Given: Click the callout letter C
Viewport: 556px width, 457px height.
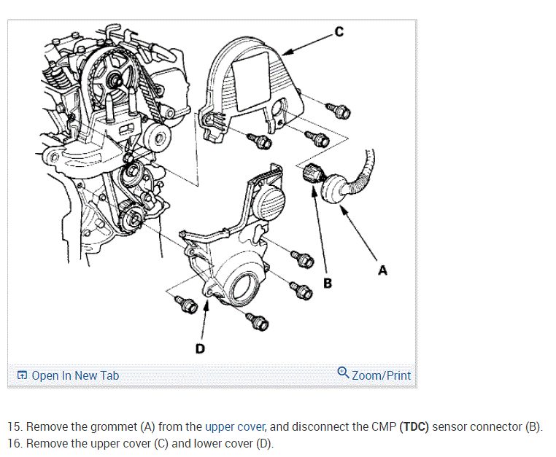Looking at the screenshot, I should point(338,31).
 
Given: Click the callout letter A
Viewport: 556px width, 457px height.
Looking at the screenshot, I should point(382,270).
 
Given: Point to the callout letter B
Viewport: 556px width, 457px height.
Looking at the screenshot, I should point(328,282).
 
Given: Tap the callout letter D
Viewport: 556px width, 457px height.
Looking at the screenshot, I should point(200,348).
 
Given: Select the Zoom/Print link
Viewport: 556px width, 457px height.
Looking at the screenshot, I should point(381,375).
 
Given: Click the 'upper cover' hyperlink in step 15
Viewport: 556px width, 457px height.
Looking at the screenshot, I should point(235,426).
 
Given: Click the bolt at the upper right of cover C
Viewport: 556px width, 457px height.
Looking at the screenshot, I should point(341,111).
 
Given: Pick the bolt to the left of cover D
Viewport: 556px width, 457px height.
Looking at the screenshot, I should point(186,305).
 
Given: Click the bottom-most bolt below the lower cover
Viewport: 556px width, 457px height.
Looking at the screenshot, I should point(258,320).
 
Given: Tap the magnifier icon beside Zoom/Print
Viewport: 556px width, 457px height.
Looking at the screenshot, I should point(343,374).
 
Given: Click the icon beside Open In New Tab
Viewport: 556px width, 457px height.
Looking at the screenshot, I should point(23,375).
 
